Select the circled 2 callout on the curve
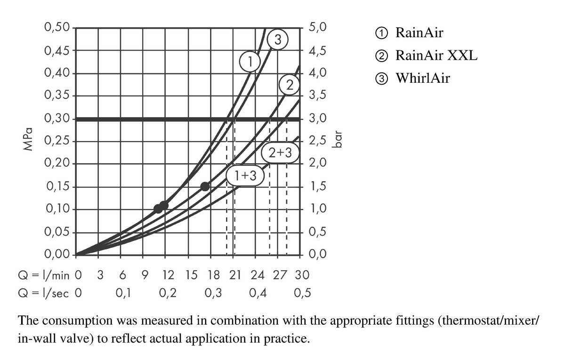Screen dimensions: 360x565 [x=290, y=85]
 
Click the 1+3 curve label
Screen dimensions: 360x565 [x=245, y=176]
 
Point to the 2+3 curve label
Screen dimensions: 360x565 [x=280, y=153]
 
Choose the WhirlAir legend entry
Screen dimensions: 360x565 [x=413, y=78]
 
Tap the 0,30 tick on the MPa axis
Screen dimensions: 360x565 [x=56, y=118]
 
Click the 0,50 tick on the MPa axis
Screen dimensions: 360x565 [x=56, y=27]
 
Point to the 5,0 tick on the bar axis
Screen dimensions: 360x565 [x=317, y=27]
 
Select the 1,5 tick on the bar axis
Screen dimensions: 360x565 [x=317, y=186]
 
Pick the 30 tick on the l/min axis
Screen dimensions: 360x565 [x=301, y=274]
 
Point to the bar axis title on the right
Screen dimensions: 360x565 [x=336, y=139]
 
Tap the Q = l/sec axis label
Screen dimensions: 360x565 [x=44, y=293]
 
